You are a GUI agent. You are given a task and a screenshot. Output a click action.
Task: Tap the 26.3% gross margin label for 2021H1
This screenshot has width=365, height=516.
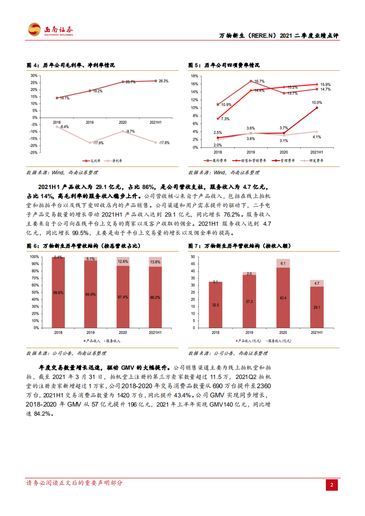click(163, 81)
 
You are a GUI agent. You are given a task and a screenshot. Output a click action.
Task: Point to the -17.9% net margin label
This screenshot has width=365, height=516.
click(98, 143)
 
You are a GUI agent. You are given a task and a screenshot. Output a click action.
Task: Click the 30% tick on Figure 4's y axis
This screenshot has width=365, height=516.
click(34, 75)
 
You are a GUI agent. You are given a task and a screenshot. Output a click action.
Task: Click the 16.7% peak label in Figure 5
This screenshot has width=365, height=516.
click(259, 81)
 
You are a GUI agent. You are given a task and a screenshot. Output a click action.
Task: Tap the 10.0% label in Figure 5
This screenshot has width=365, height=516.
click(317, 103)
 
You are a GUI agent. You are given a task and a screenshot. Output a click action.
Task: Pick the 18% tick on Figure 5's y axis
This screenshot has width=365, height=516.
click(194, 76)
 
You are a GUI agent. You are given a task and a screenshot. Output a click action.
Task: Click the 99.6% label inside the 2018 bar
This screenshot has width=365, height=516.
click(58, 292)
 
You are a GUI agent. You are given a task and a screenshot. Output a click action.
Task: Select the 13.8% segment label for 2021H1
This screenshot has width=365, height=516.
click(156, 262)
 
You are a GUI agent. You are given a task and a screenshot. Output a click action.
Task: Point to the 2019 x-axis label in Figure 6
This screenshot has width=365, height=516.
click(90, 332)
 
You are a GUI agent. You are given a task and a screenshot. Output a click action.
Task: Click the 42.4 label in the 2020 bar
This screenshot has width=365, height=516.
click(283, 298)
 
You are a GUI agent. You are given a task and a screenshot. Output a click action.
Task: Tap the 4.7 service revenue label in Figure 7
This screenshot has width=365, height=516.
click(317, 284)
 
